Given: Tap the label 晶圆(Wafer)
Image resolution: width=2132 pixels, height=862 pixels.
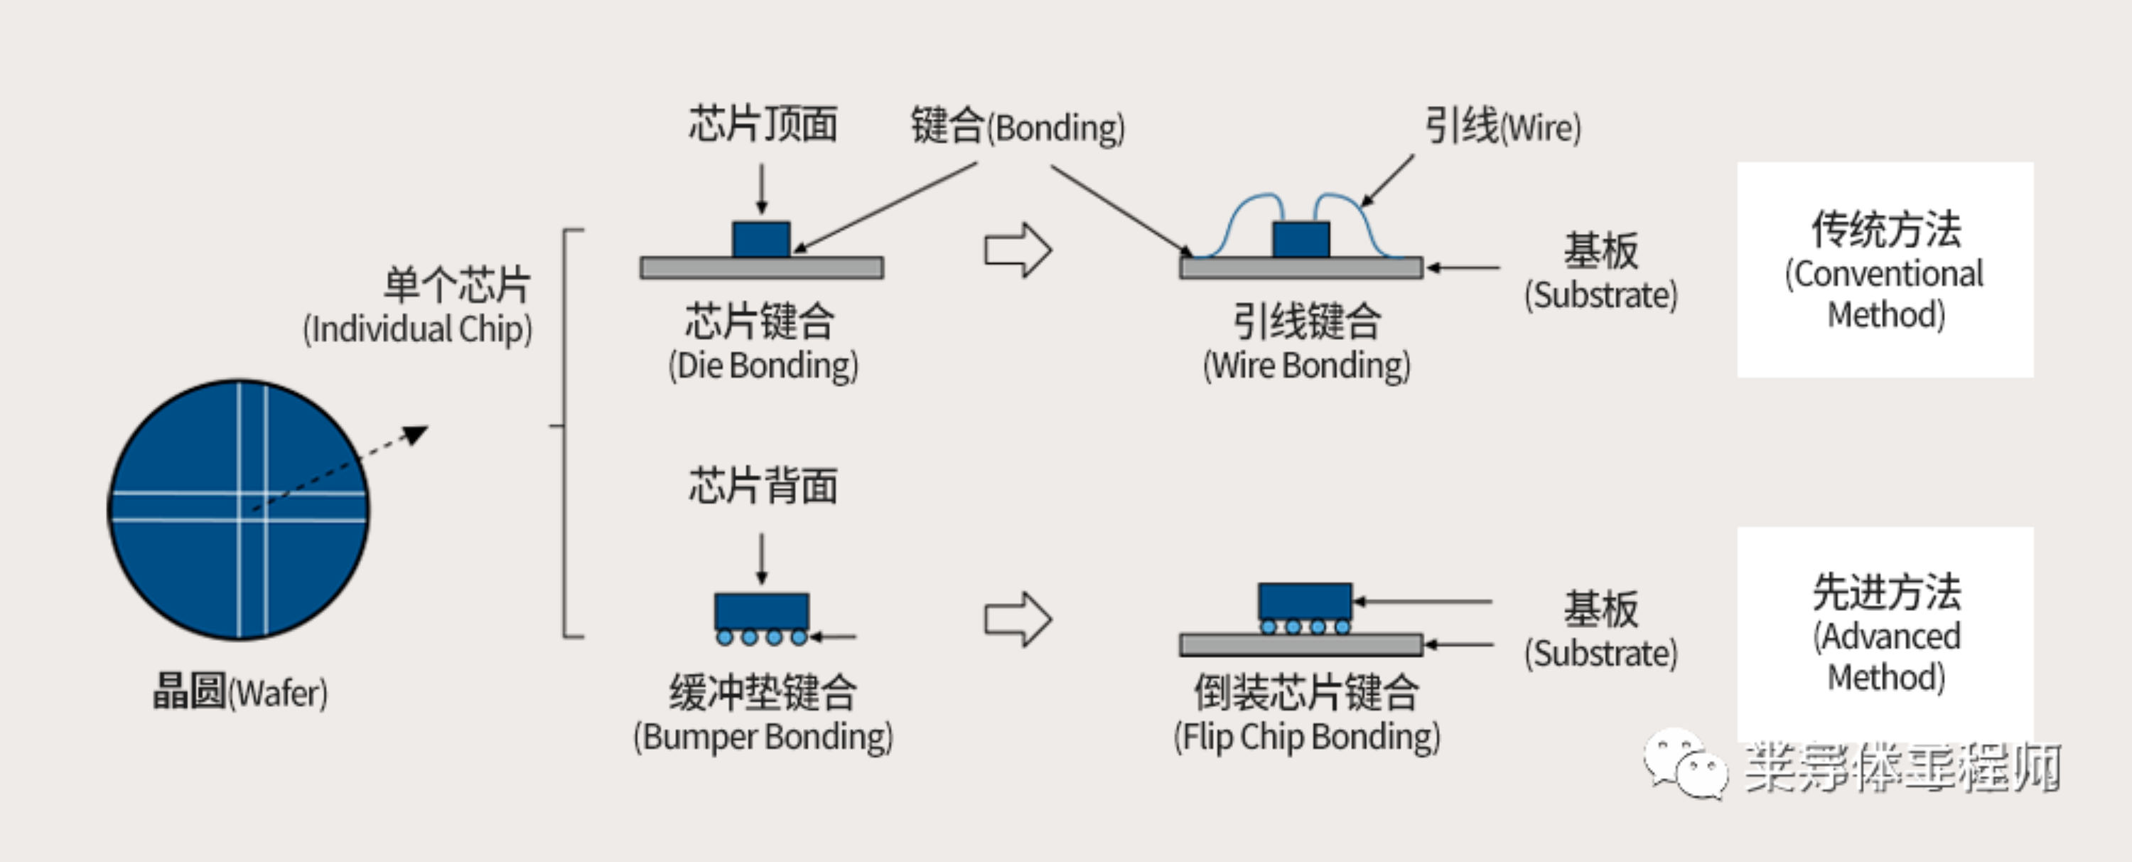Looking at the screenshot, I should (x=240, y=691).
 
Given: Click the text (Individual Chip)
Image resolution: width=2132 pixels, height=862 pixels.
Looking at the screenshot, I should (x=417, y=329).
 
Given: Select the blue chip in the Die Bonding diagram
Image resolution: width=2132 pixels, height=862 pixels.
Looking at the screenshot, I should (x=760, y=238).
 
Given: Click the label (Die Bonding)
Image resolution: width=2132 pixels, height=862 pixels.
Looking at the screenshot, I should (x=763, y=365).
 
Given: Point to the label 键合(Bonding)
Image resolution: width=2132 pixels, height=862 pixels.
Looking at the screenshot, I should (x=1017, y=127).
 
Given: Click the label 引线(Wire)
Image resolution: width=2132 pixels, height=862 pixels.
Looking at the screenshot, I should (x=1502, y=127).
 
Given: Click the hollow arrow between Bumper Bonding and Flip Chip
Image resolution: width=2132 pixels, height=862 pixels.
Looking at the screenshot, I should (x=1017, y=619).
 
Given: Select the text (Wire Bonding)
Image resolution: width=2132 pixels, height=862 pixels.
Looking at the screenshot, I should (x=1306, y=365).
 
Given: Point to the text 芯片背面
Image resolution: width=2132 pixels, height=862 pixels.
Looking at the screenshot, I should (x=763, y=485).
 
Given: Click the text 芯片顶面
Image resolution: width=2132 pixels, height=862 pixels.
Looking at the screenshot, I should (x=763, y=124).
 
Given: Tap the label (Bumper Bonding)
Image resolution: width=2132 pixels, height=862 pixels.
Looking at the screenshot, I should (x=763, y=736).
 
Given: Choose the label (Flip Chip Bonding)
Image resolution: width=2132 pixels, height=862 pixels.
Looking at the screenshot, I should (x=1306, y=736).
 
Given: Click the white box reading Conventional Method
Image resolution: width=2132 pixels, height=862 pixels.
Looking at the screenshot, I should (x=1885, y=270).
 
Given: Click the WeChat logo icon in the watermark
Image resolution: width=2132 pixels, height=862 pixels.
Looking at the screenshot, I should (x=1685, y=763).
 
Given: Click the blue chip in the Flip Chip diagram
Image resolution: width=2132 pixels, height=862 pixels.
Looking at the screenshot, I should (x=1304, y=601).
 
